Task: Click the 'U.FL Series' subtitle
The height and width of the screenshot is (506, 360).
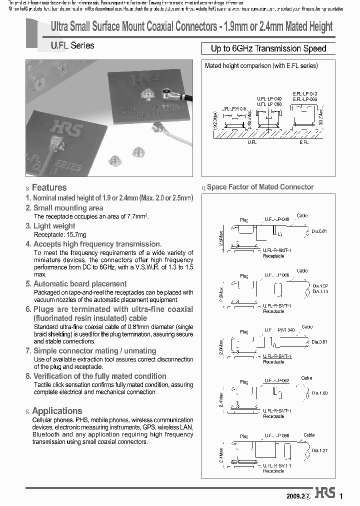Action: pyautogui.click(x=72, y=45)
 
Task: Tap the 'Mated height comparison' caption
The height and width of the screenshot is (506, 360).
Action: pyautogui.click(x=261, y=65)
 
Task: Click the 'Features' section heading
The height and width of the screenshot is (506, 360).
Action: pyautogui.click(x=49, y=187)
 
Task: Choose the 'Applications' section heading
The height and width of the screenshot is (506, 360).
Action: pyautogui.click(x=56, y=410)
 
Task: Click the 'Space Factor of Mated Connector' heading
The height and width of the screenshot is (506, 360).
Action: pyautogui.click(x=260, y=187)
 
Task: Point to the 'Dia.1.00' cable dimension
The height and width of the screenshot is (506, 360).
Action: pyautogui.click(x=320, y=393)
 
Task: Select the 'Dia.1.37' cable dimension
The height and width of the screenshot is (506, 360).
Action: pyautogui.click(x=320, y=451)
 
